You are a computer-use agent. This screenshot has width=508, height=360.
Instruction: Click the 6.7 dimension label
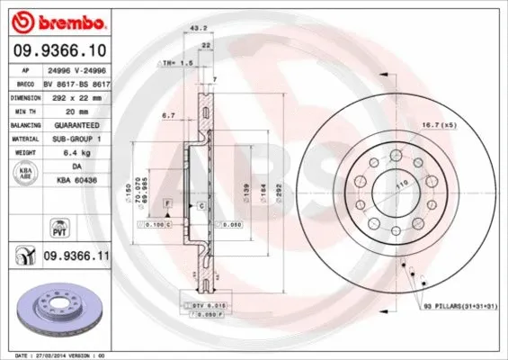(167, 115)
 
